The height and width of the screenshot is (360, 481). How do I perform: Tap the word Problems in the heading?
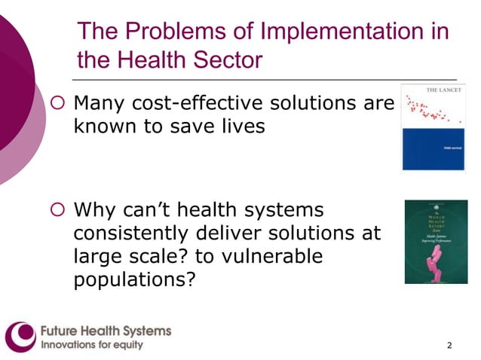(179, 32)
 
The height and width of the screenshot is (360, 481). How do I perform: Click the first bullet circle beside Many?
(60, 102)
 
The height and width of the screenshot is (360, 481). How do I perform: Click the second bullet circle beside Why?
(60, 209)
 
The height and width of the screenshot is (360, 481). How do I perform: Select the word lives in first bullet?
(242, 126)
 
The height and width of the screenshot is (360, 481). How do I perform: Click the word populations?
(135, 280)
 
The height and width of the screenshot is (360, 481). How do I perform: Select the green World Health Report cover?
(436, 242)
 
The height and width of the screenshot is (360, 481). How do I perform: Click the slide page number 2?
(450, 346)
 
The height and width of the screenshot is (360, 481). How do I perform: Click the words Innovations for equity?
(91, 346)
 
